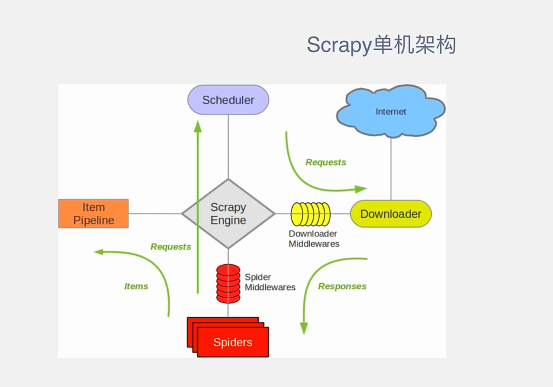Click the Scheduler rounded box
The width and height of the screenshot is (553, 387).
(x=228, y=100)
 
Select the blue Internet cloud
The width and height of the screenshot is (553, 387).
(x=391, y=111)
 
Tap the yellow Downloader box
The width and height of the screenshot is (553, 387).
(x=391, y=214)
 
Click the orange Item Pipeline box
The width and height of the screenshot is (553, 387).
(x=94, y=214)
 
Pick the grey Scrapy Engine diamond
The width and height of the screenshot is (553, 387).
(x=228, y=214)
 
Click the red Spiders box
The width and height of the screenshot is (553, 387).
(x=233, y=342)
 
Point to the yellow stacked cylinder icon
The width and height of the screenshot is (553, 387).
(x=310, y=214)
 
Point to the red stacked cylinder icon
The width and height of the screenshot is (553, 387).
(x=228, y=283)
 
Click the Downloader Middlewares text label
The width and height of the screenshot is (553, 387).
(x=314, y=238)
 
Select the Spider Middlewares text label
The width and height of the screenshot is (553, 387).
(x=270, y=282)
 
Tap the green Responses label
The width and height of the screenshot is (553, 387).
(x=342, y=286)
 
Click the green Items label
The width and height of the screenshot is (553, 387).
(x=136, y=286)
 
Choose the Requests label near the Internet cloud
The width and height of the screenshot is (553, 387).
(x=326, y=162)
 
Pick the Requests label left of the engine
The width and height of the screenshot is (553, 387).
(x=171, y=247)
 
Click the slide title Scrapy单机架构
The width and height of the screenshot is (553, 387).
(x=381, y=45)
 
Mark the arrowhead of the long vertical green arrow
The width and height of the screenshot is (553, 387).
(x=198, y=126)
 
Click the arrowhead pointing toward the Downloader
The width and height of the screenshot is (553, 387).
(x=361, y=189)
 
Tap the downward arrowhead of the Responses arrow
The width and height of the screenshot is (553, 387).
(x=304, y=328)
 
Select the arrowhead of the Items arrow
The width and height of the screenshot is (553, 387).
(x=99, y=252)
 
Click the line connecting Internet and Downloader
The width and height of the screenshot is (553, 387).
(x=391, y=168)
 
